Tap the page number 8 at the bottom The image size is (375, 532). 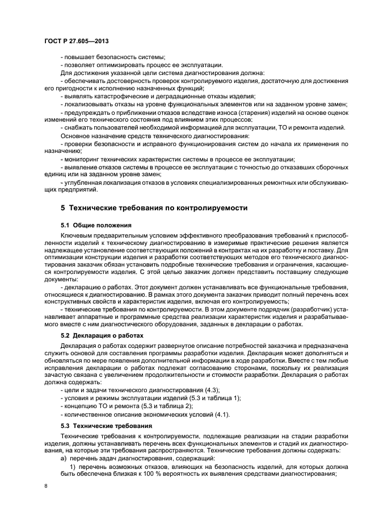46,487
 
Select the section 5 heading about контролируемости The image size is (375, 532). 154,208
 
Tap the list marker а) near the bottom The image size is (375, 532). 64,458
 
